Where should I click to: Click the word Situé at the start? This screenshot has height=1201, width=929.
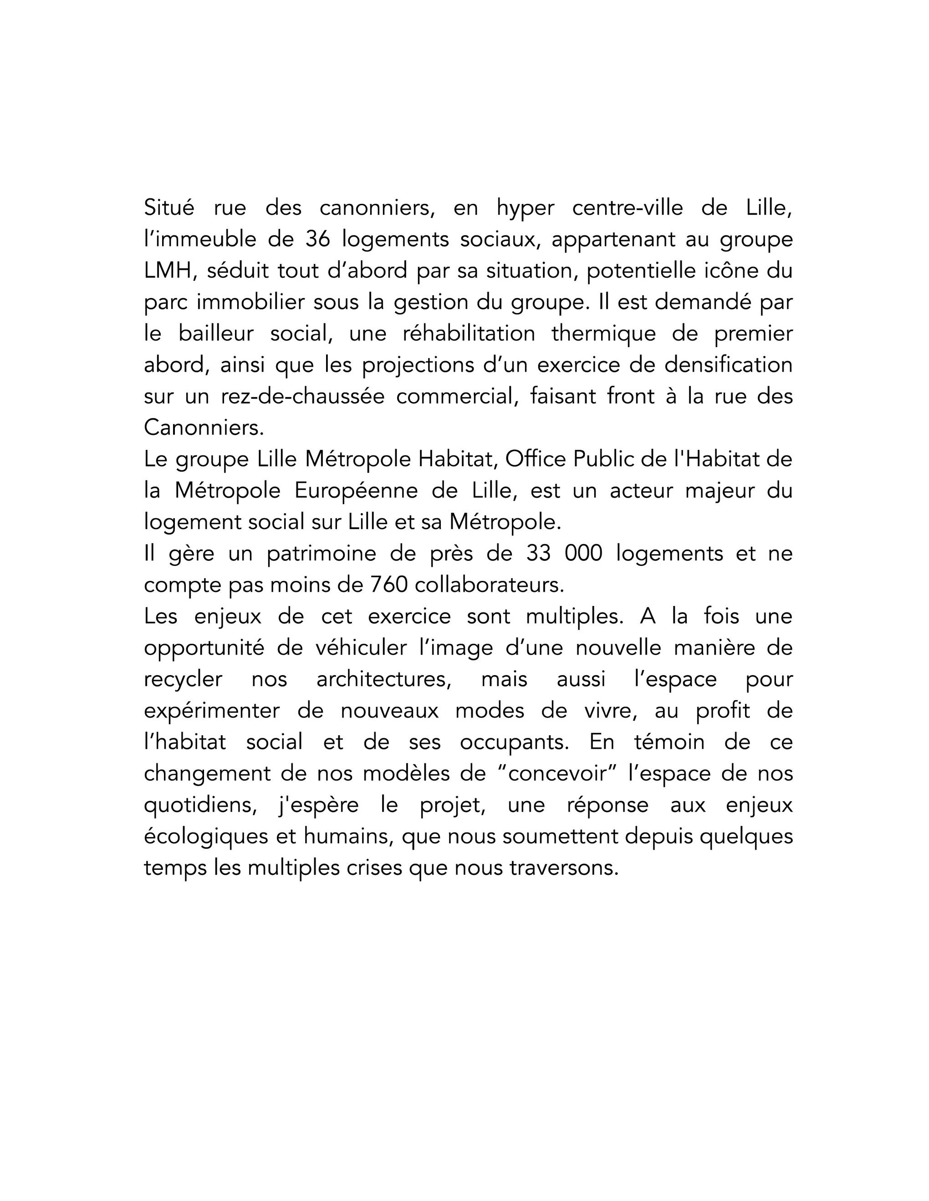point(169,208)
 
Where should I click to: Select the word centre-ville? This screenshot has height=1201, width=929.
point(628,208)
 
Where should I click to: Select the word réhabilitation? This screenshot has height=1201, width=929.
point(470,334)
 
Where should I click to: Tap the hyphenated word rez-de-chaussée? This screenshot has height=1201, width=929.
point(303,397)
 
